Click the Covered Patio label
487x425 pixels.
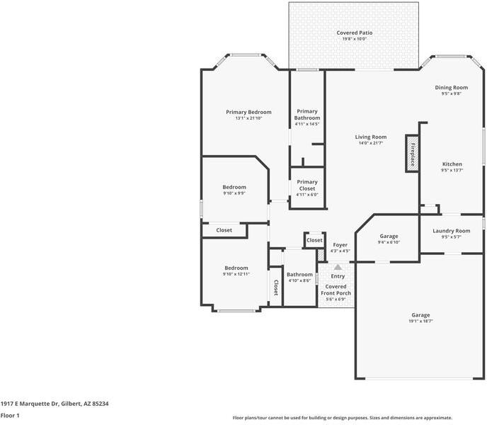click(355, 33)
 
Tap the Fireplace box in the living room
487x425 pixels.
click(412, 153)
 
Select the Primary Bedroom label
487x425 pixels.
click(248, 112)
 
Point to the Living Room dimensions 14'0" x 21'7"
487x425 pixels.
click(371, 143)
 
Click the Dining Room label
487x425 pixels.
click(452, 88)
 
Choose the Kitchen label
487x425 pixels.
click(452, 164)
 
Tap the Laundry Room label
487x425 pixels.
click(452, 231)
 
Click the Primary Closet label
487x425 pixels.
click(307, 186)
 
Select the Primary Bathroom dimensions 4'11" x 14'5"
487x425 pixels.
click(307, 124)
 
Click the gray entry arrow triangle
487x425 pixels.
click(338, 267)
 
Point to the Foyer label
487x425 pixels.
click(340, 245)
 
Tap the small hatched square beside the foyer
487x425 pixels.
click(321, 255)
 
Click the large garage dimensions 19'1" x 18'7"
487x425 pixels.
click(421, 321)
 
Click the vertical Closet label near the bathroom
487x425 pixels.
click(276, 288)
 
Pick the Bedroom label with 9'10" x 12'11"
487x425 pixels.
click(236, 271)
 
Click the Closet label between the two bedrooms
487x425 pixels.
click(224, 230)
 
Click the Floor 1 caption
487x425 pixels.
click(10, 415)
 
